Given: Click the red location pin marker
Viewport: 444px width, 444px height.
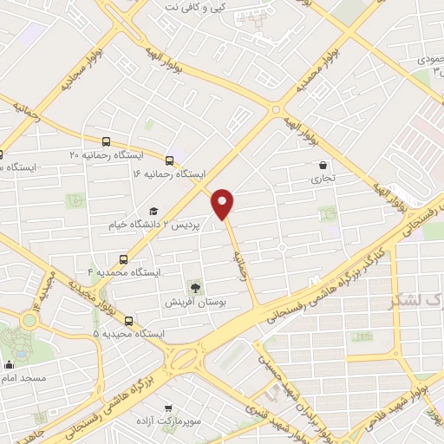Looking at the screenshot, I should click(224, 203).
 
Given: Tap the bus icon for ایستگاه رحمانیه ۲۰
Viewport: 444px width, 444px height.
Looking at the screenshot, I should click(106, 141).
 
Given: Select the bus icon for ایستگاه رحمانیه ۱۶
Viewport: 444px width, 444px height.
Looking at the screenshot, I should click(168, 160).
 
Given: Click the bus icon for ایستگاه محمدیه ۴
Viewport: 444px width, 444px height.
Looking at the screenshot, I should click(123, 259).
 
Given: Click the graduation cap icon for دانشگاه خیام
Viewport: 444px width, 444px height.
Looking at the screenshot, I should click(153, 212).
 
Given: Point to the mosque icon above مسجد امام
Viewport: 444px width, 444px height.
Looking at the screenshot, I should click(9, 365).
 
